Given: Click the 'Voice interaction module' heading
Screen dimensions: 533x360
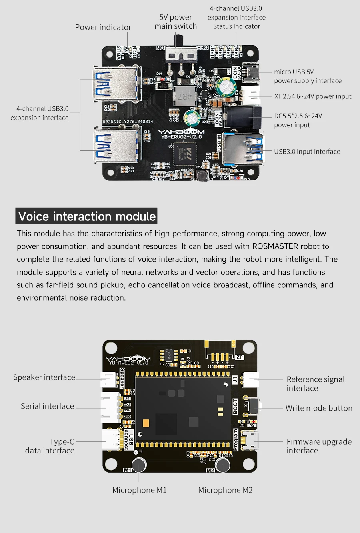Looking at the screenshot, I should coord(87,216).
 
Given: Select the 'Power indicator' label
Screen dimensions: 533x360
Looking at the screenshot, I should coord(103,27).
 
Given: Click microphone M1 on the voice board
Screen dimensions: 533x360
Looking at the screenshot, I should coord(139,465).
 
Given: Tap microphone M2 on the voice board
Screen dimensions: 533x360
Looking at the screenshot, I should coord(223,465).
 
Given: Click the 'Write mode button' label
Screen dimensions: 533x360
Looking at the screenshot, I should coord(319,408).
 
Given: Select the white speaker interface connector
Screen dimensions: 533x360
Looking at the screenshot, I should coord(109,379).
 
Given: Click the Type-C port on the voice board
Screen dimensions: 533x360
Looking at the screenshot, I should coord(111,440).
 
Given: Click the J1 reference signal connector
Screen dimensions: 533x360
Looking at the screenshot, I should coord(250,379).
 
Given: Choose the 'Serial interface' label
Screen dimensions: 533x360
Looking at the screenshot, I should coord(47,406).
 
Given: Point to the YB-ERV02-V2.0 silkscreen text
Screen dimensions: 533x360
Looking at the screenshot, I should coord(182,137).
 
